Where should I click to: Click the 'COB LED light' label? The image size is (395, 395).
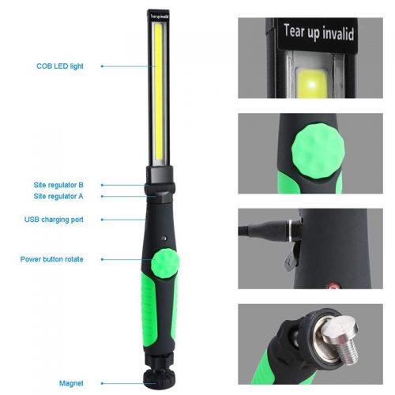pyautogui.click(x=60, y=66)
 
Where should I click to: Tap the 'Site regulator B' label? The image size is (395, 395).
pyautogui.click(x=58, y=185)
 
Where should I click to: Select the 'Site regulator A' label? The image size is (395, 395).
pyautogui.click(x=58, y=196)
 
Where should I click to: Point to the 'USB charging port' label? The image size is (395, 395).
pyautogui.click(x=54, y=220)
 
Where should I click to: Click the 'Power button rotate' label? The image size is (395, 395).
pyautogui.click(x=51, y=259)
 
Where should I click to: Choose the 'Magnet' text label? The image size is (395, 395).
pyautogui.click(x=71, y=383)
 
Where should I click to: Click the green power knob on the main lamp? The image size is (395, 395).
pyautogui.click(x=165, y=263)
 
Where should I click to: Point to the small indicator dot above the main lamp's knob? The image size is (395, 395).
pyautogui.click(x=164, y=239)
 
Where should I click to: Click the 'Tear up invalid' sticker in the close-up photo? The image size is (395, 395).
pyautogui.click(x=318, y=34)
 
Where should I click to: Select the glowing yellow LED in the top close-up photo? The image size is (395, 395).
pyautogui.click(x=312, y=84)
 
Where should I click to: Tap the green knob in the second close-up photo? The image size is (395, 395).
pyautogui.click(x=318, y=152)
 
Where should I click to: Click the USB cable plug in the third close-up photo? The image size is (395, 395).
pyautogui.click(x=271, y=231)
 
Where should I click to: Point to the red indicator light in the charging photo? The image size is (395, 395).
pyautogui.click(x=333, y=285)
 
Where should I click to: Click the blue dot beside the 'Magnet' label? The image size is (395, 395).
pyautogui.click(x=102, y=383)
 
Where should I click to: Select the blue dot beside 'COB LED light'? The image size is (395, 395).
pyautogui.click(x=102, y=66)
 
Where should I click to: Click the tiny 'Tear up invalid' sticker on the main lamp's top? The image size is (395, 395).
pyautogui.click(x=159, y=17)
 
